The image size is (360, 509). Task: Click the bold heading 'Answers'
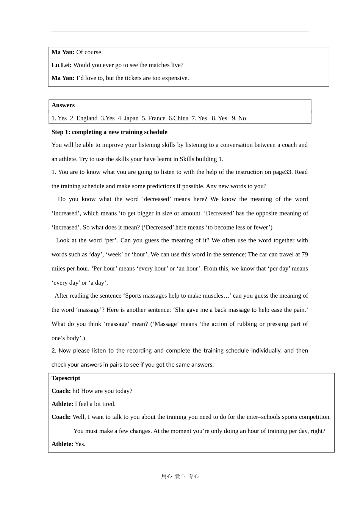point(63,105)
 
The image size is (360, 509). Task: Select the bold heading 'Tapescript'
point(66,378)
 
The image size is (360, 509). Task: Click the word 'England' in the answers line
point(87,118)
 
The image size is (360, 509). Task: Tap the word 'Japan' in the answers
point(131,118)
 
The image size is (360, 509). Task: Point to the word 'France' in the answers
point(157,118)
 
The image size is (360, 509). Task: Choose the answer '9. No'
point(239,118)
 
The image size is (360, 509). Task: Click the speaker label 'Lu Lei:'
point(61,65)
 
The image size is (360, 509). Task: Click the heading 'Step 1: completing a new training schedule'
point(109,132)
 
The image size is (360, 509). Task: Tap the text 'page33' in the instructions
point(282,172)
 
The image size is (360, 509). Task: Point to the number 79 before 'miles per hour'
point(305,254)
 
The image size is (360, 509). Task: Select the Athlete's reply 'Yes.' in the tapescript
point(80,444)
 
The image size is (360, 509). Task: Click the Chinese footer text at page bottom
point(180,476)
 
